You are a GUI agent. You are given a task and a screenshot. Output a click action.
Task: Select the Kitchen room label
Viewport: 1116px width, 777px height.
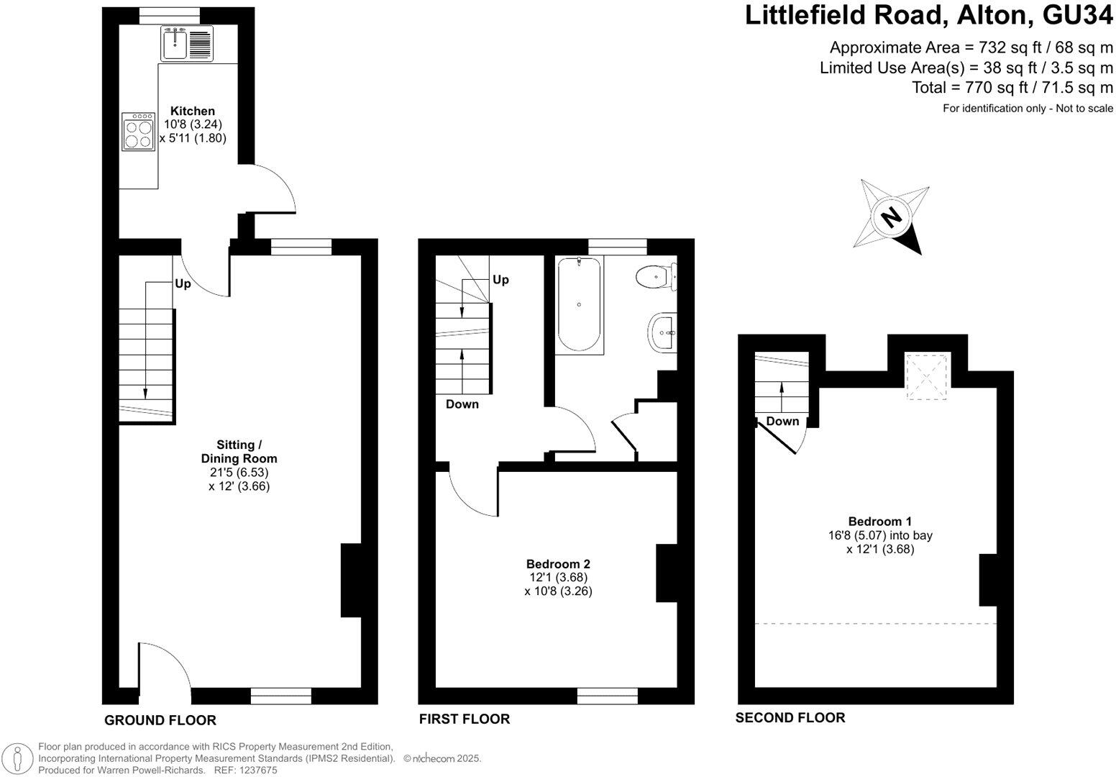(x=192, y=111)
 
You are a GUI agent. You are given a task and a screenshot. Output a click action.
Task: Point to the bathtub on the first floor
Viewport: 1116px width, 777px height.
(x=580, y=305)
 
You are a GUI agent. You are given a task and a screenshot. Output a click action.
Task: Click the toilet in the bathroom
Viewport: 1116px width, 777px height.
(x=655, y=276)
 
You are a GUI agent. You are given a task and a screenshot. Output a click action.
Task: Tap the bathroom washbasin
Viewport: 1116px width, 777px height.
(x=662, y=334)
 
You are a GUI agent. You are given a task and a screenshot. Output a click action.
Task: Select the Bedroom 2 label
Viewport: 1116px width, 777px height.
(x=558, y=564)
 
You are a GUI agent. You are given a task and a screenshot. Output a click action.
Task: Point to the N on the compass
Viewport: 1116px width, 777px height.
(x=891, y=216)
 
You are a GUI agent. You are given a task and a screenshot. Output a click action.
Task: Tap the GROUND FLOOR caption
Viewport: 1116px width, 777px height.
(x=160, y=720)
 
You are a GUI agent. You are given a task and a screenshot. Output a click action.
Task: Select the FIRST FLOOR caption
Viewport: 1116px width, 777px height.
(x=465, y=719)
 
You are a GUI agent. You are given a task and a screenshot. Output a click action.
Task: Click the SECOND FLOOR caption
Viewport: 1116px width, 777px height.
(x=790, y=717)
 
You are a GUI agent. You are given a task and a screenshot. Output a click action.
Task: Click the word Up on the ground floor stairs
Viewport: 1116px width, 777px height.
(x=183, y=284)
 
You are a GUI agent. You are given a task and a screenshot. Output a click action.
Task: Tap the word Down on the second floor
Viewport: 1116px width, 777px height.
(x=782, y=421)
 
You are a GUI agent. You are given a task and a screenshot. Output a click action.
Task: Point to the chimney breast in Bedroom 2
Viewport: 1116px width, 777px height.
(x=667, y=573)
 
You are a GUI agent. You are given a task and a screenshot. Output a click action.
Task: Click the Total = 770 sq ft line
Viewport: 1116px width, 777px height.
(x=1012, y=88)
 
